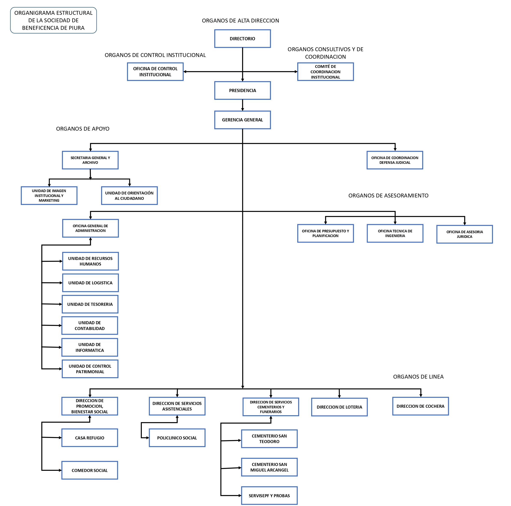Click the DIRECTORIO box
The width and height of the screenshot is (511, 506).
pos(242,39)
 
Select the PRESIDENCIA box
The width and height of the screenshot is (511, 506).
pos(242,90)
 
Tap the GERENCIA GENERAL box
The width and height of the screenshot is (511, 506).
pos(242,120)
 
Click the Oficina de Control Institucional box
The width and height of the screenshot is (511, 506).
pos(155,72)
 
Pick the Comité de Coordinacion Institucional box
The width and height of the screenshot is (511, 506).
pos(325,72)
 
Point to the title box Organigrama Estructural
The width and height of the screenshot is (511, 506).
pos(53,20)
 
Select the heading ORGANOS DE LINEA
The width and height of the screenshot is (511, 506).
pos(418,377)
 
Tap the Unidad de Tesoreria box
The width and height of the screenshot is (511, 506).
pos(90,304)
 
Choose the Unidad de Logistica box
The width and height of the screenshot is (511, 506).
pos(90,283)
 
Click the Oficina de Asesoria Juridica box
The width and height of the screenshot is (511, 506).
pos(465,234)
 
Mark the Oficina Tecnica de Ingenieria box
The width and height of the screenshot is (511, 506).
pos(395,233)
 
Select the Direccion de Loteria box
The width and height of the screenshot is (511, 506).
pos(339,407)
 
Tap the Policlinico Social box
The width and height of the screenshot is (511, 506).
pos(177,438)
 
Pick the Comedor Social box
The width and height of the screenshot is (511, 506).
pos(90,470)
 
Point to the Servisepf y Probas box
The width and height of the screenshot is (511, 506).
pos(269,496)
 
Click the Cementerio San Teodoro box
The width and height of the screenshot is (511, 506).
pos(269,439)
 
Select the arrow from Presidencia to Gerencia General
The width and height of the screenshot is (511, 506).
pos(242,105)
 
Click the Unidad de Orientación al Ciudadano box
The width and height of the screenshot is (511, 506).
pos(129,196)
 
